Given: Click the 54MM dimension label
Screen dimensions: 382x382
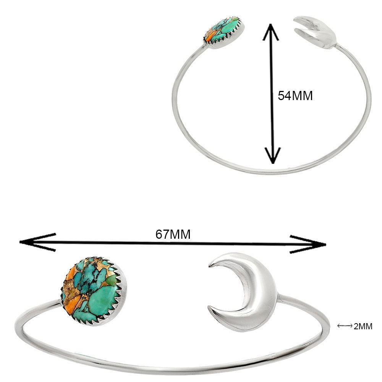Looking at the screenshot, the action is tap(295, 95).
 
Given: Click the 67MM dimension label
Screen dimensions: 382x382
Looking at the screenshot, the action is tap(173, 235).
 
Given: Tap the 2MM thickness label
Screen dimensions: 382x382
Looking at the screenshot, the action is tap(363, 326).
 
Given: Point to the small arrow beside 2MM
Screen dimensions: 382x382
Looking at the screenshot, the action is tap(345, 326).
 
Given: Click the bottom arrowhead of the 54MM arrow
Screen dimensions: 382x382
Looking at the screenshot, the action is tap(273, 156).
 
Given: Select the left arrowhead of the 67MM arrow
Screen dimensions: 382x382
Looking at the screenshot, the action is tap(37, 242).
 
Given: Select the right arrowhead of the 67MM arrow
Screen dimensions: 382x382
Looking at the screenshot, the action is tap(308, 244).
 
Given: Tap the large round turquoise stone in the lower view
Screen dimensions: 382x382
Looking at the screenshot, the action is tap(93, 291).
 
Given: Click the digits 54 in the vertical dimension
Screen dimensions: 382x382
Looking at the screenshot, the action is tap(285, 95).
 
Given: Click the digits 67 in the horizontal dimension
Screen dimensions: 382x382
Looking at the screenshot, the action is tap(162, 235).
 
